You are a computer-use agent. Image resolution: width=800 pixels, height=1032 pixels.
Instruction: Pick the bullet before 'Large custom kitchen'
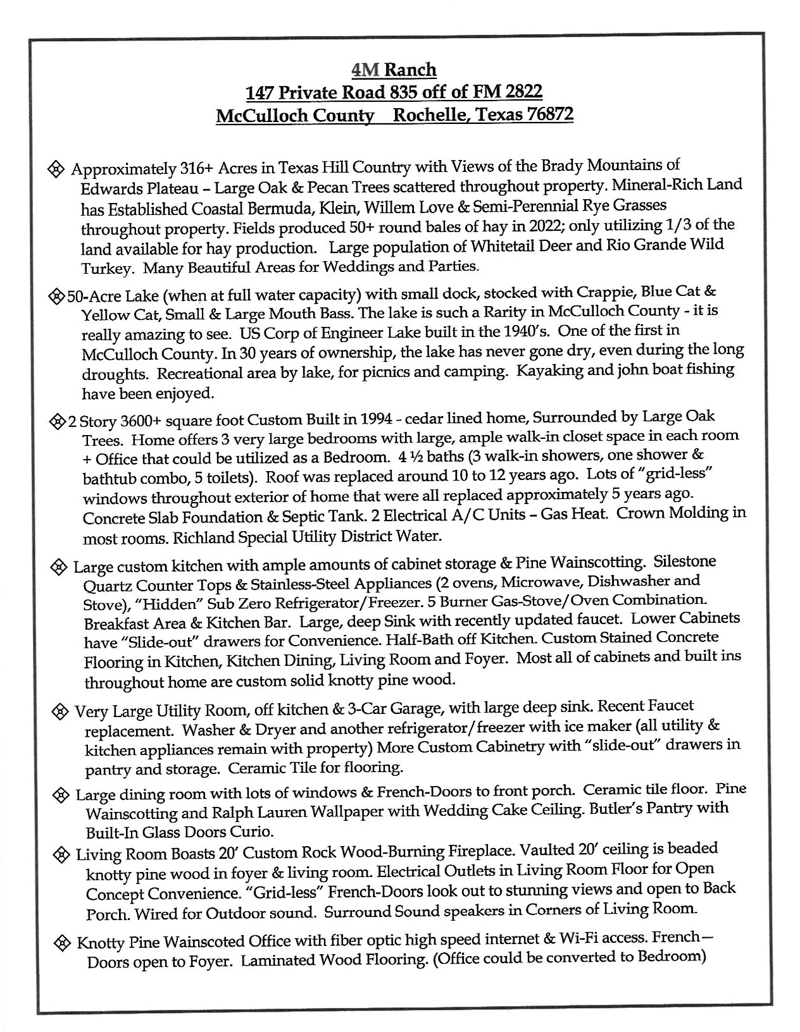[59, 567]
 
